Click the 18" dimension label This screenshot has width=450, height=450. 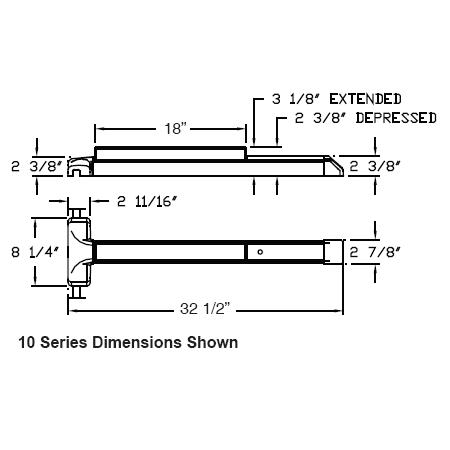coord(175,128)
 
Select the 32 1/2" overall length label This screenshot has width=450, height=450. coord(205,309)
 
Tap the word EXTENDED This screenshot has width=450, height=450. coord(365,99)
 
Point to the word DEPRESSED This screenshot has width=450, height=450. coord(396,118)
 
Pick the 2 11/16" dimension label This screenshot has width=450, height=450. coord(147,201)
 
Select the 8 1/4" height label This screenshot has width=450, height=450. coord(35,252)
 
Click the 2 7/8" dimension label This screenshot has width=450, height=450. coord(374,252)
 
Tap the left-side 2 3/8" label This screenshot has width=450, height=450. coord(37,166)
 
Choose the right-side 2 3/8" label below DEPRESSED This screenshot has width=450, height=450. coord(374,166)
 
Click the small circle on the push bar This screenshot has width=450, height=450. coord(260,252)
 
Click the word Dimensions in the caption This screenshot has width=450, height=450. coord(137,343)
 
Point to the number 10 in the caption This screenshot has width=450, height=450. coord(27,343)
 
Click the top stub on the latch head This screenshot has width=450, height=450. coord(77,213)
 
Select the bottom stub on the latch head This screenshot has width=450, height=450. coord(77,292)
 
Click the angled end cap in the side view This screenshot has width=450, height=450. coord(334,166)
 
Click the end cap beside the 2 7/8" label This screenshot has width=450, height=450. coord(333,252)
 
